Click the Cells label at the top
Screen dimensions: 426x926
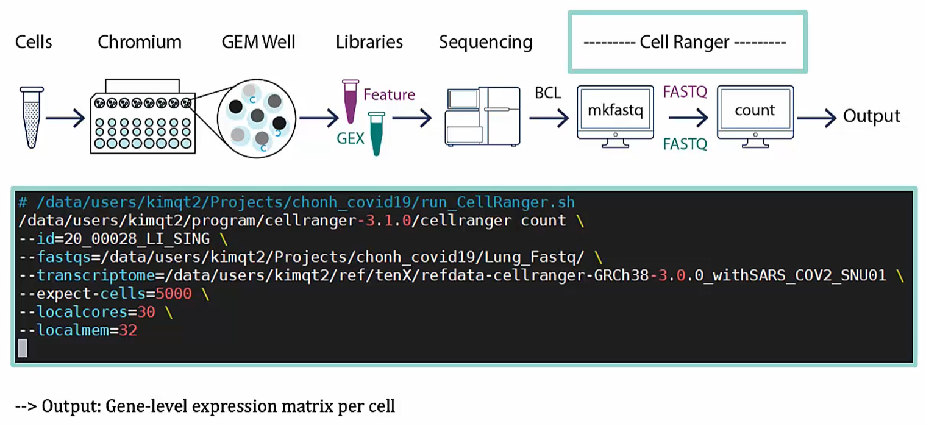coord(34,42)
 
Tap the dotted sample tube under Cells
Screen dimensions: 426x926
coord(32,117)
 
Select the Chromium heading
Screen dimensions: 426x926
coord(140,42)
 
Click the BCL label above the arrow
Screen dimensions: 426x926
coord(547,93)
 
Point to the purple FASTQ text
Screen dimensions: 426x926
coord(685,92)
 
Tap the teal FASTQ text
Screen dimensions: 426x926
coord(685,144)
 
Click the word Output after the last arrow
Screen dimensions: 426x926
coord(871,116)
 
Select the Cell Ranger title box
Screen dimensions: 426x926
coord(687,42)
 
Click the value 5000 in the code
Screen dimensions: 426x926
coord(174,294)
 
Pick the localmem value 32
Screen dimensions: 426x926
coord(128,330)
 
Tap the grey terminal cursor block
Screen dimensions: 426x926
coord(23,348)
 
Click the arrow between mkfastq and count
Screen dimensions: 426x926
coord(688,118)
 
